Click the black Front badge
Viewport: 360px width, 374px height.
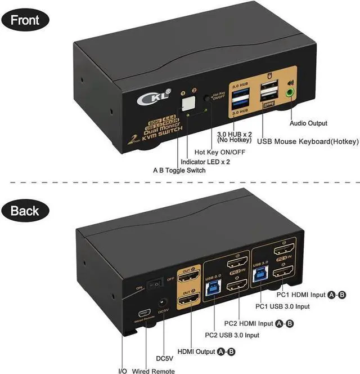(x=26, y=21)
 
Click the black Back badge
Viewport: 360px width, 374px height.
(x=25, y=211)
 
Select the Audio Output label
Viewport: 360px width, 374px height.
(x=308, y=123)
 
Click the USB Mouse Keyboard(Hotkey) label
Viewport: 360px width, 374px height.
(x=305, y=141)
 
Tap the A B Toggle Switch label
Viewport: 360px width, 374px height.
(x=179, y=170)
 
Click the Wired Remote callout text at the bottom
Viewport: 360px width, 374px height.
(x=154, y=370)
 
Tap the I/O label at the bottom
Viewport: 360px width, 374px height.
(x=122, y=370)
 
